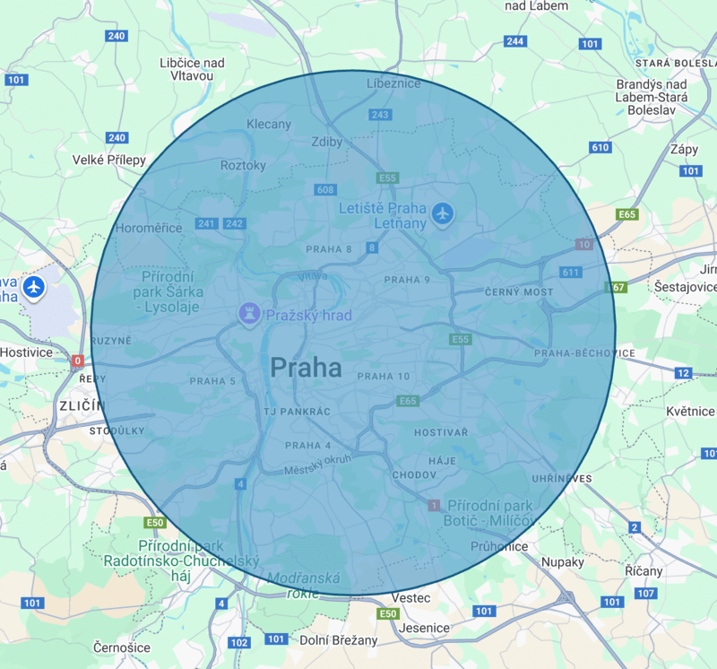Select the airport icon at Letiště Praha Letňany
point(442,213)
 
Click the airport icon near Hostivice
point(34,287)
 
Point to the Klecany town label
point(269,124)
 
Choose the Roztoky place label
point(243,165)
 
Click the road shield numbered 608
point(325,189)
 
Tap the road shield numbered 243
point(380,115)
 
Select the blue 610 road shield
point(600,147)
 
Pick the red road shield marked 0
point(78,361)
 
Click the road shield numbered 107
point(645,594)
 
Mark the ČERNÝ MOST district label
point(519,292)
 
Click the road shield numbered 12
point(683,373)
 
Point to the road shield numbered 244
point(514,41)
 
